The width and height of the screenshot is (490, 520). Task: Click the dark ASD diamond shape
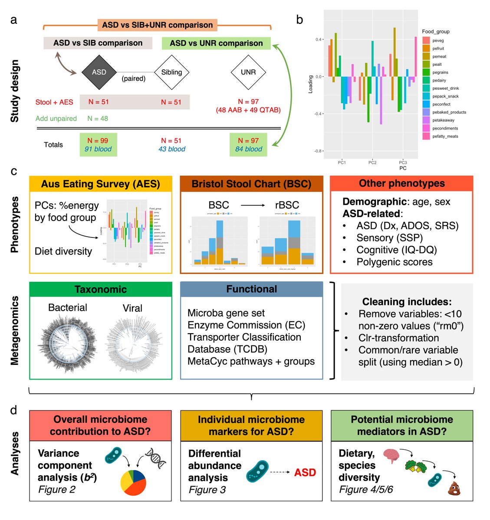[x=99, y=72]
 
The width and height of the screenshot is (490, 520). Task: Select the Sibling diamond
[x=171, y=72]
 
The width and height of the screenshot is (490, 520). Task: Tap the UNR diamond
[x=248, y=72]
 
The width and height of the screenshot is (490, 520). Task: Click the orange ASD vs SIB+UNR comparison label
[x=157, y=25]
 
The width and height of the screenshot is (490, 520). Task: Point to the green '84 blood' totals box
[x=248, y=145]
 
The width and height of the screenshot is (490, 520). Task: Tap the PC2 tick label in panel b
[x=372, y=162]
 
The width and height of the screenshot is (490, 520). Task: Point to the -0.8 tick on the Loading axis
[x=318, y=151]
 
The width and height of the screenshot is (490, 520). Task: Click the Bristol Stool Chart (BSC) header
[x=251, y=184]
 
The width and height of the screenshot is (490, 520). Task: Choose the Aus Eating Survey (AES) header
[x=101, y=184]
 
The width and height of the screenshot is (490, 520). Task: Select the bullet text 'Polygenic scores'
[x=394, y=262]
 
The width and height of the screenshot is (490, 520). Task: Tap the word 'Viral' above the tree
[x=132, y=308]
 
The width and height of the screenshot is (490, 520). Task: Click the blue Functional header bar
[x=251, y=289]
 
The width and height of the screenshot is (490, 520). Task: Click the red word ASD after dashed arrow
[x=305, y=472]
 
